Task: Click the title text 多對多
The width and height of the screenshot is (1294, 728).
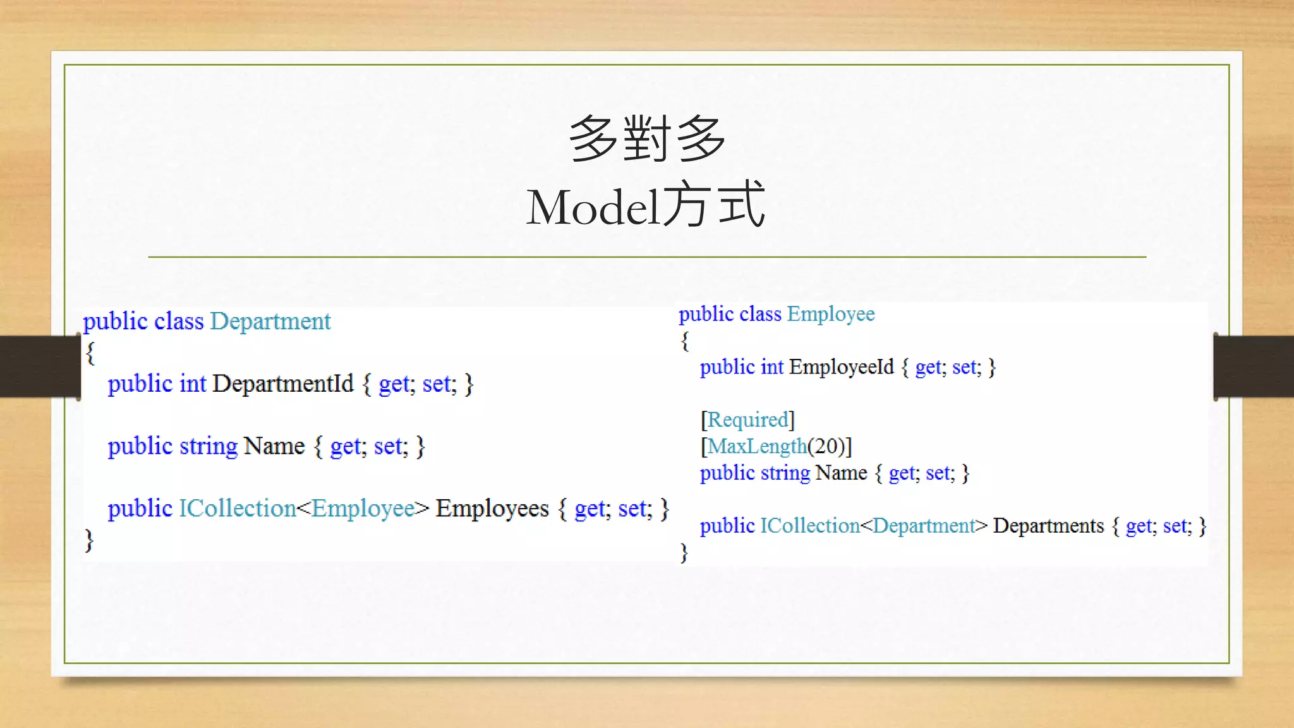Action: click(647, 138)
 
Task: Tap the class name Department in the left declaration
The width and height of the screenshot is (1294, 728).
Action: click(270, 321)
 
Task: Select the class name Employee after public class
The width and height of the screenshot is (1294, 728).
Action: click(830, 313)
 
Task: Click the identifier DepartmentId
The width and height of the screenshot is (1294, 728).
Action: click(282, 384)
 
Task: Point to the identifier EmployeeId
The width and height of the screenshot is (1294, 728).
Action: click(841, 367)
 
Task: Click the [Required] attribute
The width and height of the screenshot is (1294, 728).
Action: click(747, 420)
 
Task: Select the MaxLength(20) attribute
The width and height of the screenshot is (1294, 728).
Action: click(776, 446)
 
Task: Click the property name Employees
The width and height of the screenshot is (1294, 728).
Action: click(492, 509)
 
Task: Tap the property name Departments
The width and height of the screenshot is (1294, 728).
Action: click(1048, 526)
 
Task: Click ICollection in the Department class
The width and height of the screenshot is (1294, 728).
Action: click(237, 509)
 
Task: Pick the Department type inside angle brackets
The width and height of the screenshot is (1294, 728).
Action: click(924, 526)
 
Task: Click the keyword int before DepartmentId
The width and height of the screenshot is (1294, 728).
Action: click(193, 384)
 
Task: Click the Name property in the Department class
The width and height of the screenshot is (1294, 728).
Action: click(274, 446)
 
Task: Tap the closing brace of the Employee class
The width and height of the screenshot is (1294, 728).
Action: click(684, 552)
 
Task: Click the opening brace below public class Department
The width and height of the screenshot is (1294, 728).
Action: click(90, 353)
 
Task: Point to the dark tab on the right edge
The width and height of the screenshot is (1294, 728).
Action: click(1254, 367)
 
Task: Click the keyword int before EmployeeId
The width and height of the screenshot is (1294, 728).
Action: click(771, 367)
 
